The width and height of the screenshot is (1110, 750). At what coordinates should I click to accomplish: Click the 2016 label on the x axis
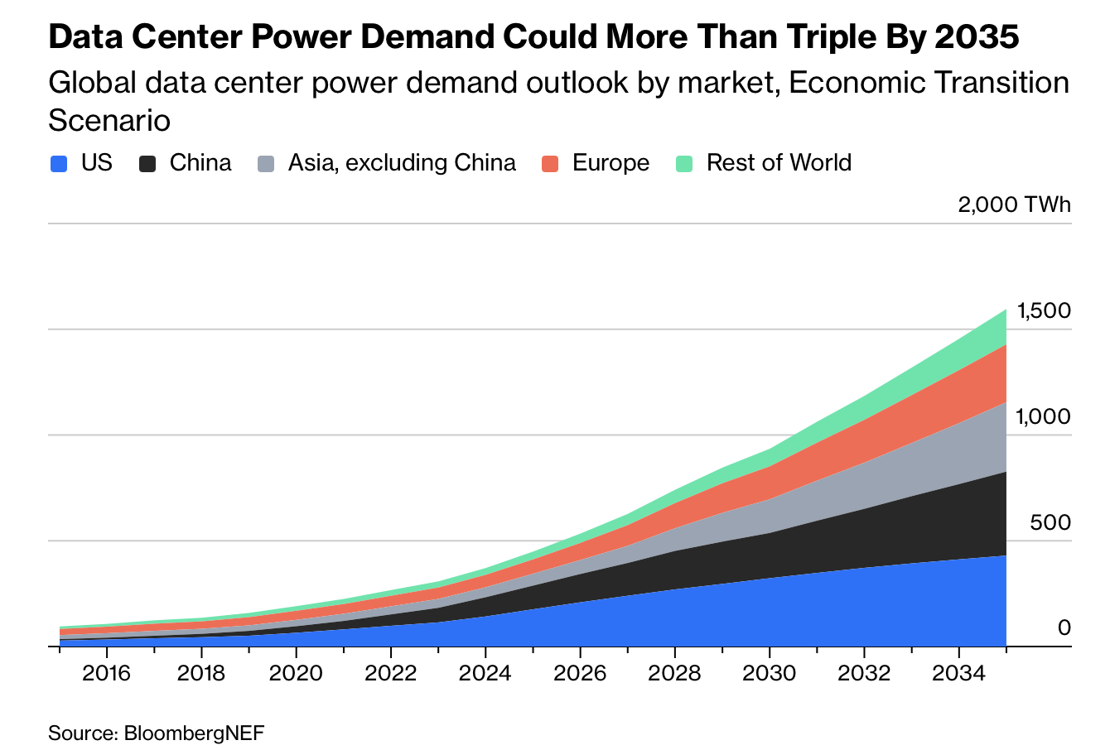coord(107,672)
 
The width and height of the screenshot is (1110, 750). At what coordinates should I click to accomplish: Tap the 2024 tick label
coord(485,672)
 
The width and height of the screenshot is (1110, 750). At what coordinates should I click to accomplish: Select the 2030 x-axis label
coord(770,672)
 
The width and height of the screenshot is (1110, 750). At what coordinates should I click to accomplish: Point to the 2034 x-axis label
coord(958,672)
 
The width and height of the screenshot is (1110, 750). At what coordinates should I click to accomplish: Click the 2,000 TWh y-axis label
coord(1014,204)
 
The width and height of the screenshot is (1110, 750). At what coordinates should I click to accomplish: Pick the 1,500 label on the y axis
coord(1045,311)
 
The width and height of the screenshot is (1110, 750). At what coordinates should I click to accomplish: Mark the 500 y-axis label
coord(1050,523)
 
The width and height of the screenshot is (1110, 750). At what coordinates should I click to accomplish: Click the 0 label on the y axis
coord(1064,628)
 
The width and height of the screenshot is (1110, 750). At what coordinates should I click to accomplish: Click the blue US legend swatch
coord(59,164)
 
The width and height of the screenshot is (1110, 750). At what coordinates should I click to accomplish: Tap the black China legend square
coord(147,164)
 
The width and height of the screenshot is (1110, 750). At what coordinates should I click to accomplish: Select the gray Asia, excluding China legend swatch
coord(266,164)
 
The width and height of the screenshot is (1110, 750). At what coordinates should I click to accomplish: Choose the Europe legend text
coord(610,162)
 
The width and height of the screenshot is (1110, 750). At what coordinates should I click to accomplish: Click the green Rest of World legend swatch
coord(684,164)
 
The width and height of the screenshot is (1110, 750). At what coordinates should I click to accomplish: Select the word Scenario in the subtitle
coord(109,121)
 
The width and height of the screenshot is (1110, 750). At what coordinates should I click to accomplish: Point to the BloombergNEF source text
coord(194,733)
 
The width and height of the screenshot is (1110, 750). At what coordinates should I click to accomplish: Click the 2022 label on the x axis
coord(391,672)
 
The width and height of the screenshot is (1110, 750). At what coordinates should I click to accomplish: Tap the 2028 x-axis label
coord(674,672)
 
